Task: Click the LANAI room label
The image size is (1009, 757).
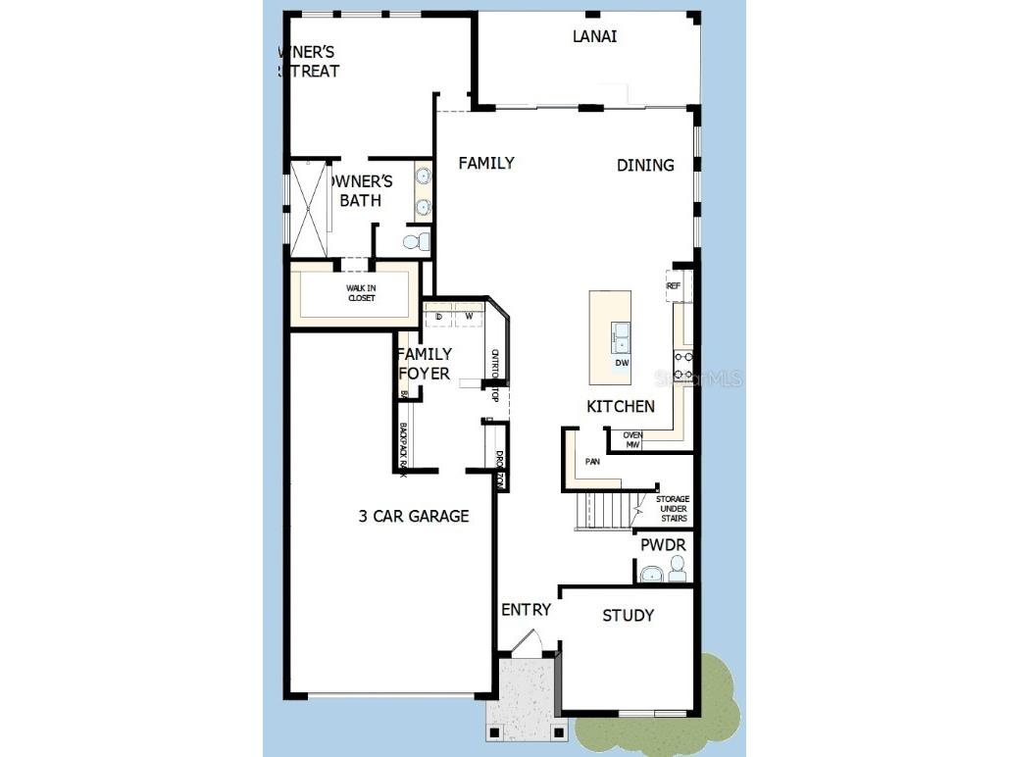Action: [594, 37]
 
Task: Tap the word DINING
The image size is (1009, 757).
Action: [645, 166]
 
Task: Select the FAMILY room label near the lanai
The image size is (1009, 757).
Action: [486, 164]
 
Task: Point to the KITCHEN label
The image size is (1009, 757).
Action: [621, 406]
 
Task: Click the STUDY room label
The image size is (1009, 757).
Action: [628, 616]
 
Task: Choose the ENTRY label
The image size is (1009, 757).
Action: [526, 610]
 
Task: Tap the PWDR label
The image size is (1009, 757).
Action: [663, 545]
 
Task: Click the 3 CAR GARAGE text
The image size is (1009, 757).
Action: [413, 516]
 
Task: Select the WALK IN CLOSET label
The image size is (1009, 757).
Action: [361, 293]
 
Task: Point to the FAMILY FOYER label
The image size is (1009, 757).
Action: [425, 364]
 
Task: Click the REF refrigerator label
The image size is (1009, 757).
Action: [674, 286]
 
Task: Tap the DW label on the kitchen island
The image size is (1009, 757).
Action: [621, 363]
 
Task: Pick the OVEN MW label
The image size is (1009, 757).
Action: [632, 440]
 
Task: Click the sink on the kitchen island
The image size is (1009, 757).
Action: [622, 337]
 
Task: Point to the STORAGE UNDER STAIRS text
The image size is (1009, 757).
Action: [672, 508]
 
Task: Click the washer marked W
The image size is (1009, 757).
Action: [469, 316]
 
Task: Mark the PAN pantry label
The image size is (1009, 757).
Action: [592, 460]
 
